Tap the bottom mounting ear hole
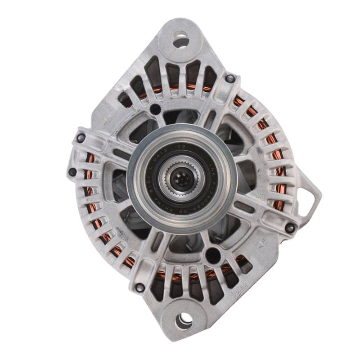click(x=184, y=320)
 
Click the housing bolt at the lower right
click(x=290, y=228)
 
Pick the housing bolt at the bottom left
click(x=140, y=287)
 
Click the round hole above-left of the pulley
click(x=155, y=109)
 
